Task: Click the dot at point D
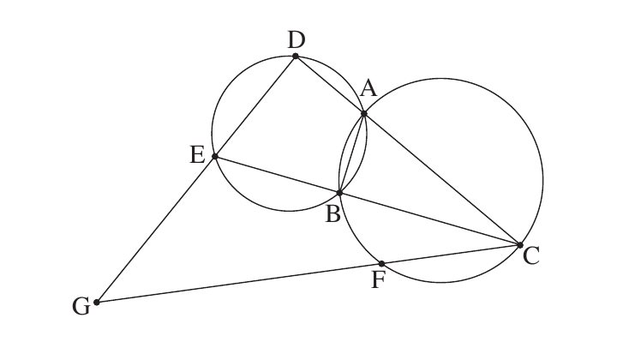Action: [296, 57]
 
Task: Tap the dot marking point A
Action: [364, 114]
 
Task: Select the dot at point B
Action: [339, 193]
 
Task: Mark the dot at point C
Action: [520, 245]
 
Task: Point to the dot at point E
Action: [215, 156]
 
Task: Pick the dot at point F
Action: [381, 264]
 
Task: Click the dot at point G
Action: [97, 303]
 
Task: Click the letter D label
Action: [297, 39]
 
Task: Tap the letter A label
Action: [368, 88]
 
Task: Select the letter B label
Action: [332, 215]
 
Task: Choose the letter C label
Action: [531, 256]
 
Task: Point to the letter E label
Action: [198, 154]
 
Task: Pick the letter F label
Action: [378, 280]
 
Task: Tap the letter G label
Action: [81, 307]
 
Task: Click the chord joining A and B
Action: [352, 153]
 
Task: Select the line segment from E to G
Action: [156, 230]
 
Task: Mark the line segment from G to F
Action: [239, 283]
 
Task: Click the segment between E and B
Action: [277, 175]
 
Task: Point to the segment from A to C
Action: [442, 179]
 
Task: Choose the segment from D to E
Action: [255, 106]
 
